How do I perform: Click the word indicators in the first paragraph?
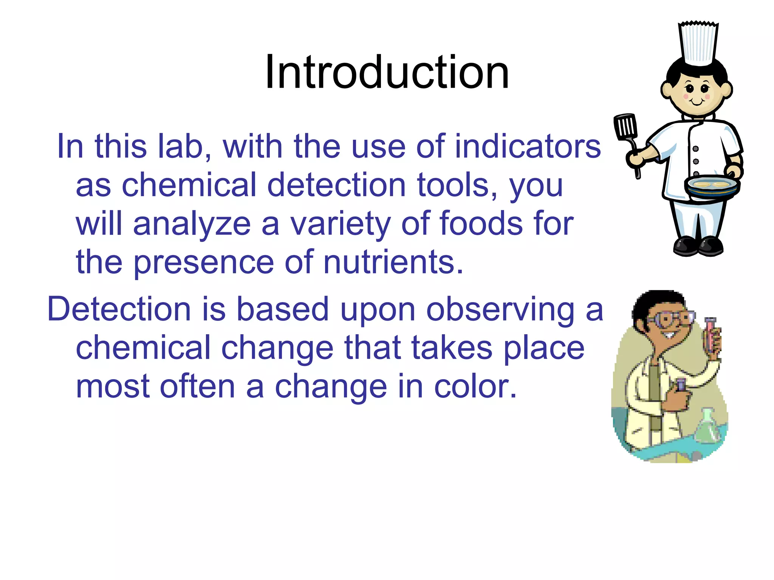coord(528,147)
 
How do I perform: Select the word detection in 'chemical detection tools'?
coord(336,185)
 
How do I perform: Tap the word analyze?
coord(192,224)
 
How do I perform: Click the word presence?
coord(204,263)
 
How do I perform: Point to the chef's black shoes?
coord(698,246)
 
